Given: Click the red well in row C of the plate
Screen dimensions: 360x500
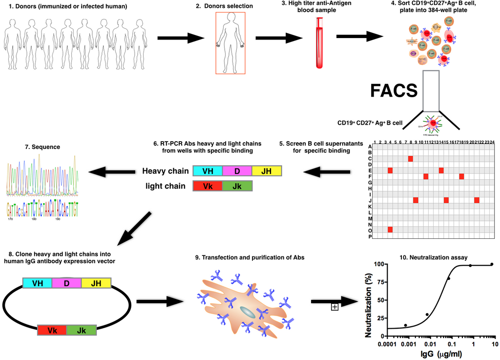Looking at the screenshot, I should (410, 159).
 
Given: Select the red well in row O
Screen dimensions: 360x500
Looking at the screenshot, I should (390, 230).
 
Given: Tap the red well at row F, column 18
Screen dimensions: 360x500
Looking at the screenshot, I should (461, 176).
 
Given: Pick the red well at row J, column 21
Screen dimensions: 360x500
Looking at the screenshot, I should (477, 200).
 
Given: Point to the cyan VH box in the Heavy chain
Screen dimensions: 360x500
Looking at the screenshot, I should (208, 171).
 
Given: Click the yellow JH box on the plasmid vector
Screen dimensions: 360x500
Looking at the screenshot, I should (96, 283).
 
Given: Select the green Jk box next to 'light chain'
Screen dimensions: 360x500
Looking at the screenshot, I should (237, 186).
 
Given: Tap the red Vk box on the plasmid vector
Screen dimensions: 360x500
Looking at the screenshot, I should (52, 330).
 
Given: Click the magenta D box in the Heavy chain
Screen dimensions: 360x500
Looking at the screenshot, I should (237, 171).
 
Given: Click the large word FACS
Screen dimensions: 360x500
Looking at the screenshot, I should (394, 91).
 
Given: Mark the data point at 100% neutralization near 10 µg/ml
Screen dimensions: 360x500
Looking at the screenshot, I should (492, 264).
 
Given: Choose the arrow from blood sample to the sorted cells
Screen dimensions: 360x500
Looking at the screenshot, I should (359, 37).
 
